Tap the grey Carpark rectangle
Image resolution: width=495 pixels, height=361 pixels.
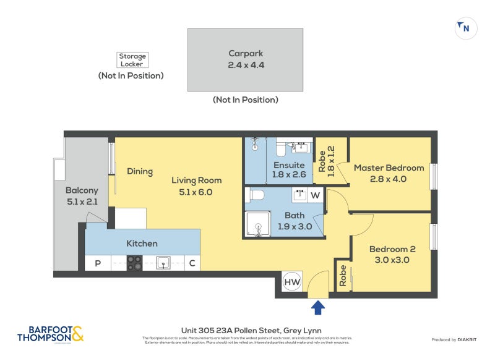246,59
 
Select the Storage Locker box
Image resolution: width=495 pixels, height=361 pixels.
132,60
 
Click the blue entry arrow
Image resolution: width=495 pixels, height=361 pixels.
317,307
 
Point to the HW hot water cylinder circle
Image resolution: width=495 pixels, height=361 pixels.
292,282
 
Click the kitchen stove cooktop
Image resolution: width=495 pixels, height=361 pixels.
135,263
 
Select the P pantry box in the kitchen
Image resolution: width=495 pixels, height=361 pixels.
97,264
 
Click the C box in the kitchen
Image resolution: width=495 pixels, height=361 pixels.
192,264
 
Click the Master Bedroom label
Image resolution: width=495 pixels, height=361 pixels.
389,168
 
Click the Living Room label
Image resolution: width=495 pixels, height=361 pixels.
196,180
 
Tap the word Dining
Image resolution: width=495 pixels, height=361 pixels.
140,171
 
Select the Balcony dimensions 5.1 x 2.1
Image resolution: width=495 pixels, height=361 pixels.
82,201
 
